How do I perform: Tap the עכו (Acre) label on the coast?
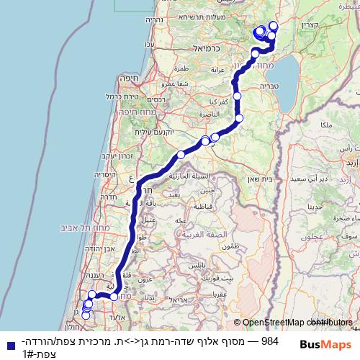pos(149,45)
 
